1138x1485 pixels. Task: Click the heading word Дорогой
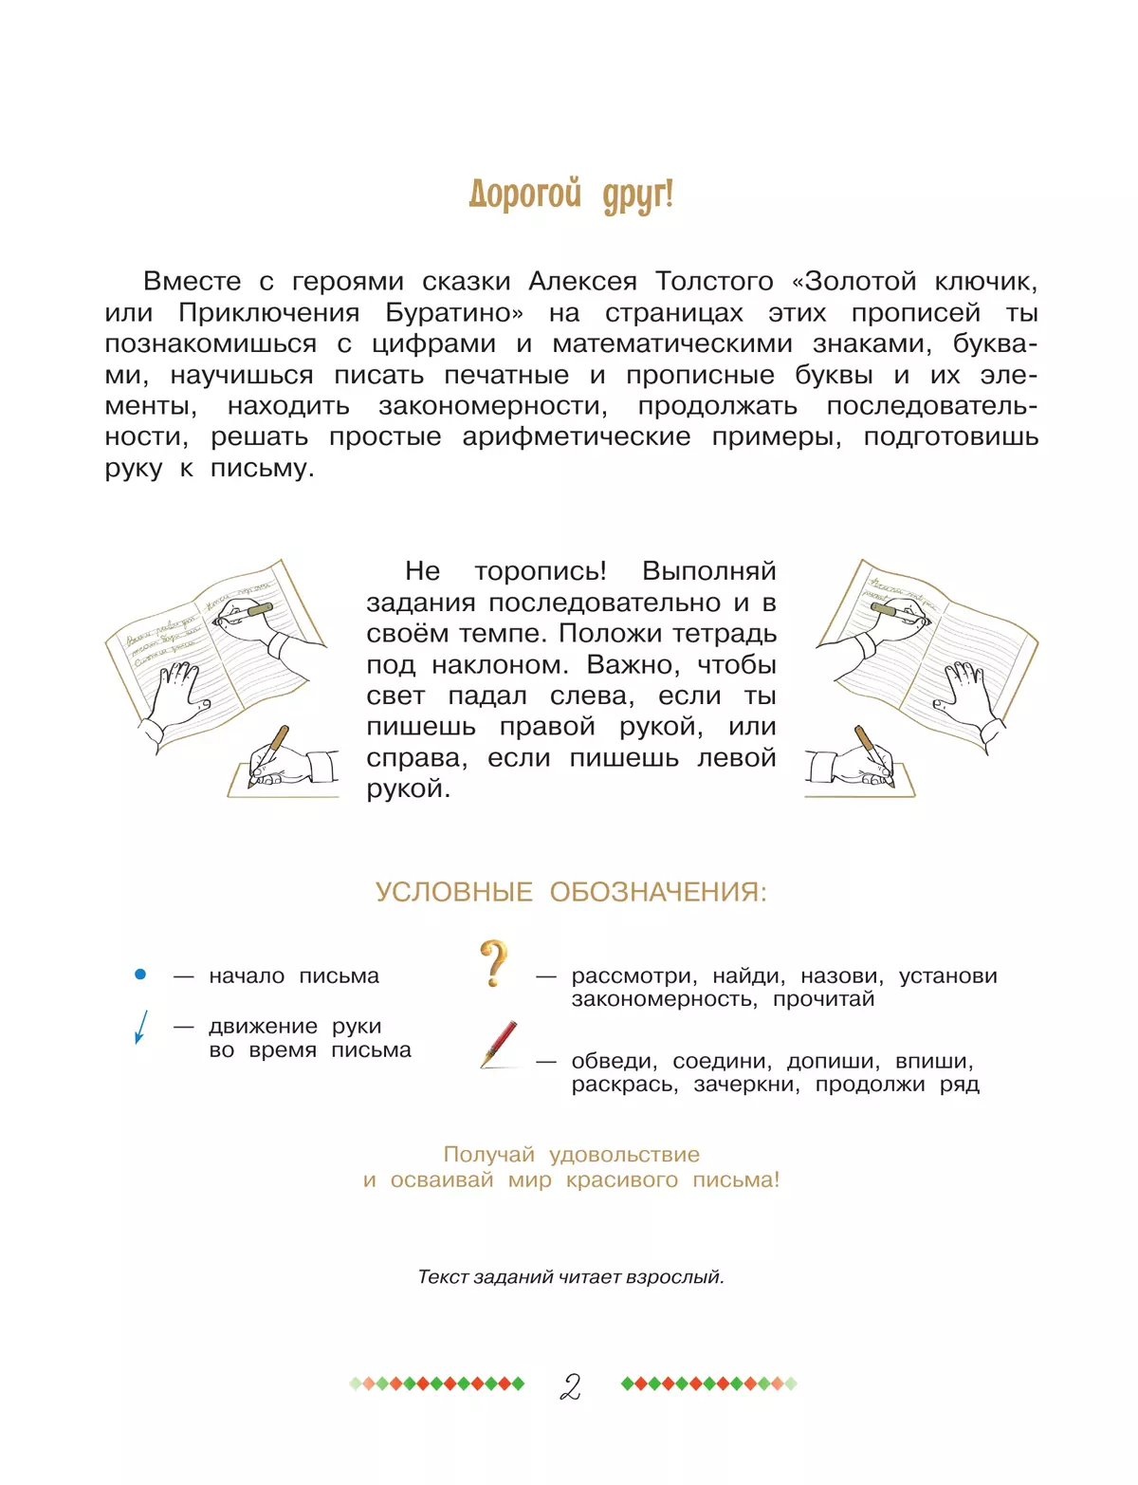(x=524, y=195)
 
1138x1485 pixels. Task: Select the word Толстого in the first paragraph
(x=714, y=282)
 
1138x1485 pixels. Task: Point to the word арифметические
(x=576, y=437)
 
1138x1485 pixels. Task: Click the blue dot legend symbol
(x=140, y=975)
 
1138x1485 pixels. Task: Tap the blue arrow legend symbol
(x=140, y=1027)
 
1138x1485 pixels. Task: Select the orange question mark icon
(x=493, y=963)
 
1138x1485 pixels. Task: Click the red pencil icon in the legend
(x=499, y=1044)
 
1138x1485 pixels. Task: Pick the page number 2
(x=570, y=1386)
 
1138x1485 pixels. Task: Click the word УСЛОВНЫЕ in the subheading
(x=453, y=893)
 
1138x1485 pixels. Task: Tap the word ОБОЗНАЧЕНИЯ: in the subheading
(x=658, y=893)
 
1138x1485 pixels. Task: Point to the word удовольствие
(x=624, y=1155)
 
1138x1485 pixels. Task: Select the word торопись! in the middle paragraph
(x=540, y=571)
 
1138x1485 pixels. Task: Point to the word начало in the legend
(x=247, y=976)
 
